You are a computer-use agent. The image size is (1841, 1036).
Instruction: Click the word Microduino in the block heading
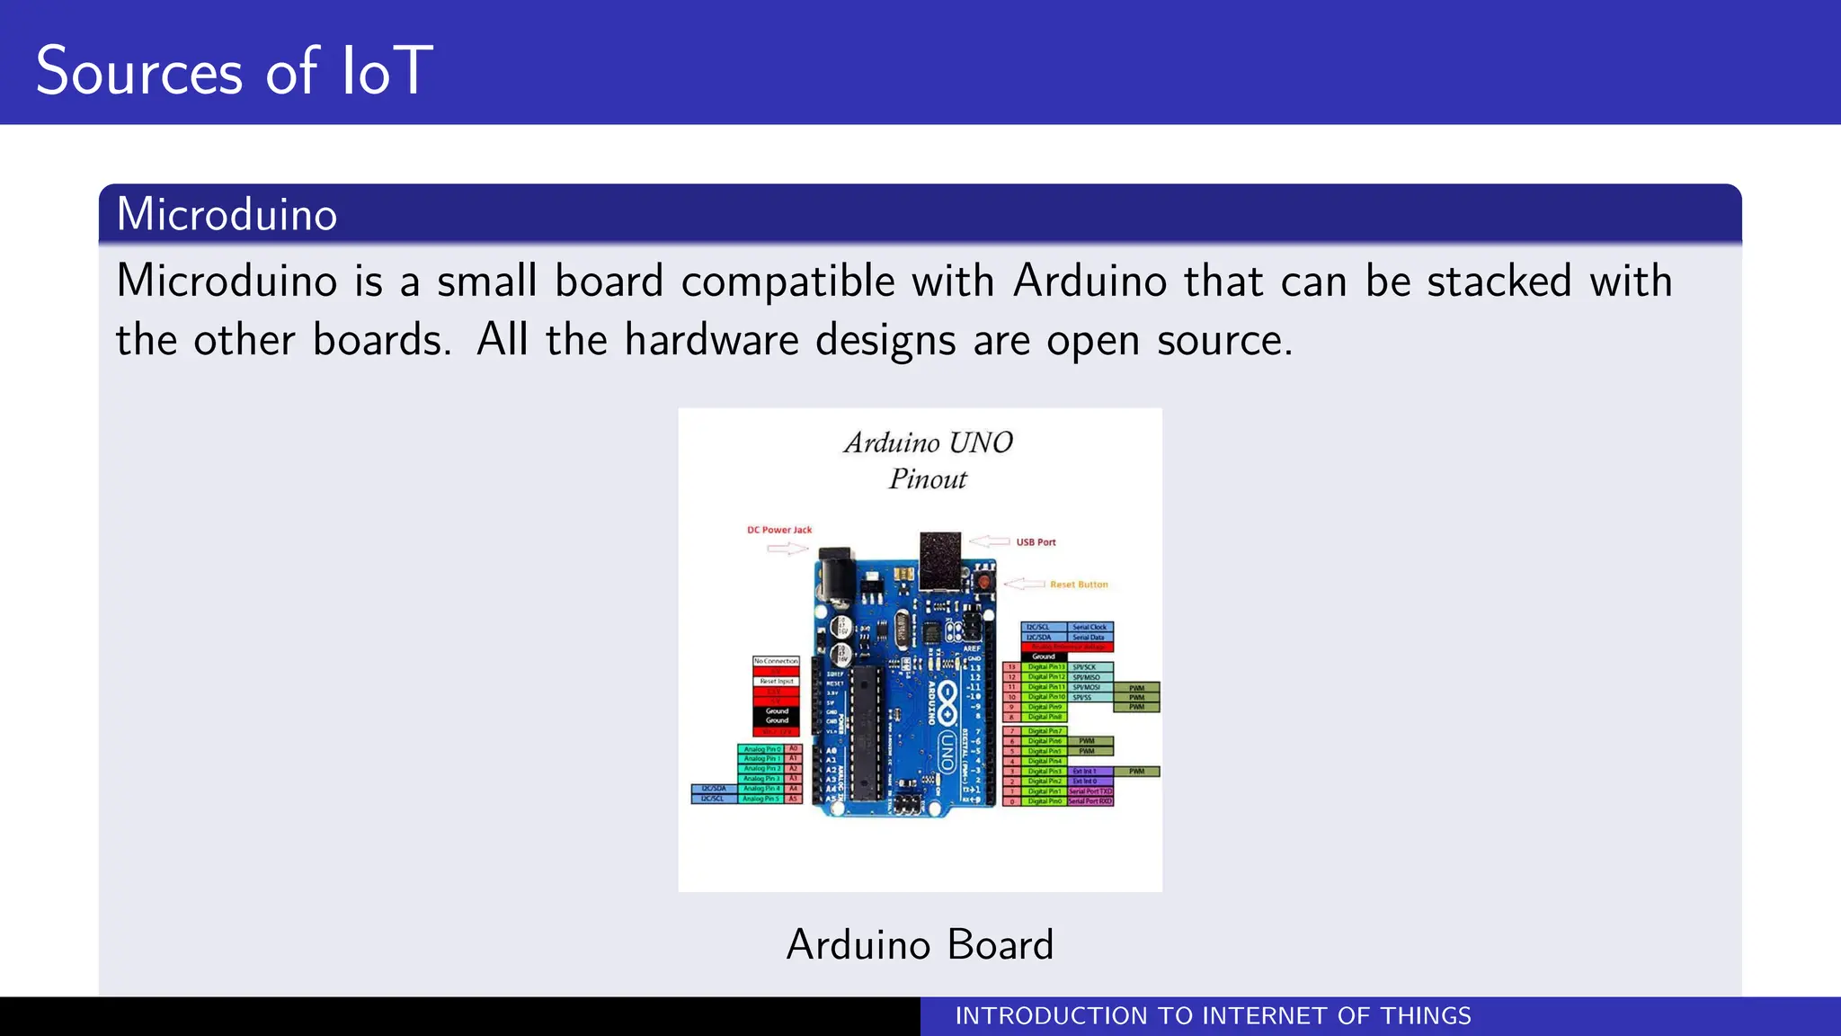click(227, 215)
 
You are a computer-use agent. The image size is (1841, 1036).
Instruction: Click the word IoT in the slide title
click(387, 71)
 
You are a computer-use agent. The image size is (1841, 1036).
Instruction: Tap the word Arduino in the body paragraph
click(1089, 281)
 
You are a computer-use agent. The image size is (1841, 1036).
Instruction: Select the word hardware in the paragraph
click(711, 340)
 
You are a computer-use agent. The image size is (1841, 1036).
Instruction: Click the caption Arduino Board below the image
click(920, 944)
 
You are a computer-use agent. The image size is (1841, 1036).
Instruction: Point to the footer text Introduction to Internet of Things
click(1213, 1016)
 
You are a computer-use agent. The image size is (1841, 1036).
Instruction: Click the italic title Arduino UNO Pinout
click(928, 460)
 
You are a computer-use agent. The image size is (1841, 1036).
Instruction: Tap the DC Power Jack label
click(779, 530)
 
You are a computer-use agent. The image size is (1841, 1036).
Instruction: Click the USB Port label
click(1036, 542)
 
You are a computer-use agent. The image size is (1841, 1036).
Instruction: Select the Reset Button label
click(1079, 585)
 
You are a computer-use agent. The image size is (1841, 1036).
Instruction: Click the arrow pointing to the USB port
click(989, 541)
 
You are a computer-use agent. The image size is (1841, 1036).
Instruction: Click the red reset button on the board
click(984, 582)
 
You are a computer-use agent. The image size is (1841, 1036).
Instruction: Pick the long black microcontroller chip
click(866, 733)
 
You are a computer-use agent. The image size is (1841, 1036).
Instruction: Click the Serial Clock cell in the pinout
click(1089, 627)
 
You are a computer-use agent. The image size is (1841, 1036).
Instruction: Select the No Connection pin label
click(776, 661)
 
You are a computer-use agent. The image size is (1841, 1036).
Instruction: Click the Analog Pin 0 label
click(761, 748)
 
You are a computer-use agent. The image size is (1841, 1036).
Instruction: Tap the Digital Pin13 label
click(1045, 667)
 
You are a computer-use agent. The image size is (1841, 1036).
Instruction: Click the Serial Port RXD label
click(1089, 800)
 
